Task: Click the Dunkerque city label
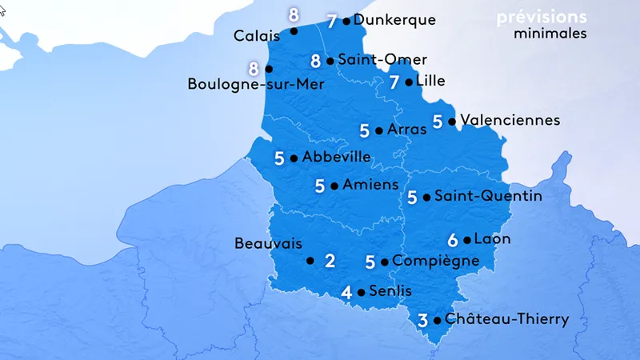394,20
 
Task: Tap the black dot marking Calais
294,31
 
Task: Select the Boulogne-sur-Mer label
256,83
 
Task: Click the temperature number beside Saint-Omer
316,60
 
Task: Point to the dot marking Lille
409,82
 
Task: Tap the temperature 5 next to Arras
365,130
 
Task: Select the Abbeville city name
336,157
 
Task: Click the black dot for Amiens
334,186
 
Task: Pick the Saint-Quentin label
488,196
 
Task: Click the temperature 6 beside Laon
453,239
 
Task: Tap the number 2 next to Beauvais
329,260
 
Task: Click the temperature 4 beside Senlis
346,292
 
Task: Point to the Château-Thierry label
506,319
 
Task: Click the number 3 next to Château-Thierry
422,320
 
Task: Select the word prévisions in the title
541,17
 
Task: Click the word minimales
550,34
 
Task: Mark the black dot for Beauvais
310,260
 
